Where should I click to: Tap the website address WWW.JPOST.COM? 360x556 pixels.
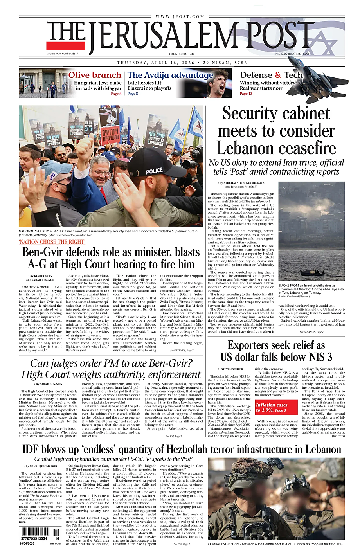click(x=180, y=16)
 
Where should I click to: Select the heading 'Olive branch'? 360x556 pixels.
click(x=95, y=75)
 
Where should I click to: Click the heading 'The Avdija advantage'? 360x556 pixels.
click(x=170, y=75)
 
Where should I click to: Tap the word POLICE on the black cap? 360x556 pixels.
click(x=154, y=171)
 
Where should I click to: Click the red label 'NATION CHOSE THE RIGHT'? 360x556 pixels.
click(x=52, y=242)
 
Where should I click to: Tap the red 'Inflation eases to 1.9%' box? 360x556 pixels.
click(x=272, y=407)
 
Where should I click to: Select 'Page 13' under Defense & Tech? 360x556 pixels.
click(x=246, y=94)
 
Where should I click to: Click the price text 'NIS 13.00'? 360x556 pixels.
click(x=281, y=54)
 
